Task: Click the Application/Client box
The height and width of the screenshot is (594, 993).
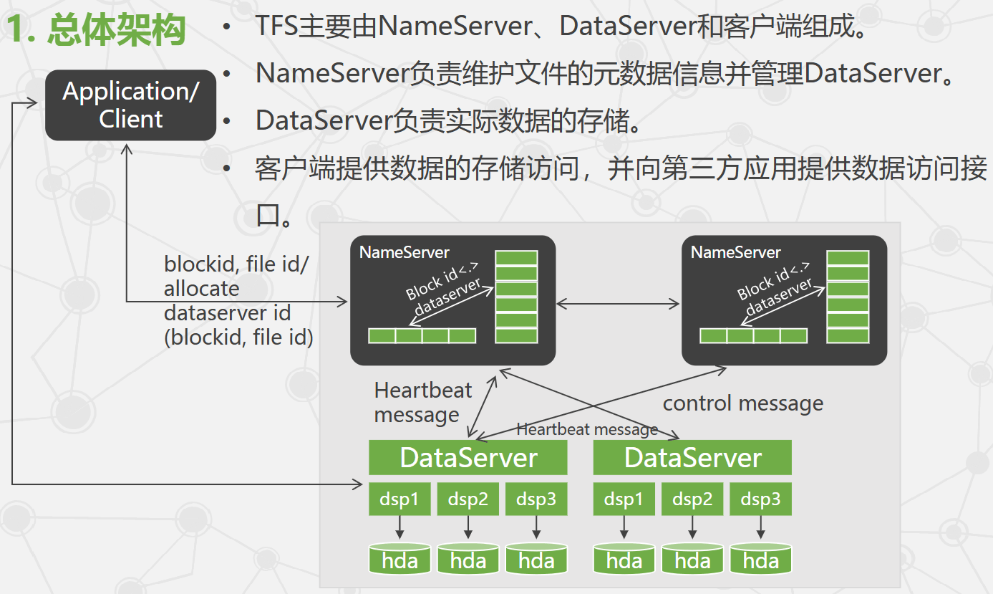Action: point(130,105)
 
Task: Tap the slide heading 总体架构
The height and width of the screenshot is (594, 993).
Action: point(116,30)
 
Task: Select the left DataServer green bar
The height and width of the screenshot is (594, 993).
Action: point(468,457)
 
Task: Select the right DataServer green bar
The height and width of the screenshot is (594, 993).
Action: point(692,457)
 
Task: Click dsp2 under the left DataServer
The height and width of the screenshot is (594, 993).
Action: point(468,499)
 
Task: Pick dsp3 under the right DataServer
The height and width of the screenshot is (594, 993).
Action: point(760,499)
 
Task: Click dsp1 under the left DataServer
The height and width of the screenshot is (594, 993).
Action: point(399,499)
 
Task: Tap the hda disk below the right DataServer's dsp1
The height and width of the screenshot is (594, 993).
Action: point(624,559)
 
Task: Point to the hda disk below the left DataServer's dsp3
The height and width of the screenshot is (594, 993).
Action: point(536,559)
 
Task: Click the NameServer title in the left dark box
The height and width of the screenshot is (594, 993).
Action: point(405,252)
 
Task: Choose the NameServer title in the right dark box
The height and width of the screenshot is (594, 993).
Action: point(736,252)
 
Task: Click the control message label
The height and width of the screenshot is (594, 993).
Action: point(742,403)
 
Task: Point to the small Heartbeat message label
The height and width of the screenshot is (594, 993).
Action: point(587,429)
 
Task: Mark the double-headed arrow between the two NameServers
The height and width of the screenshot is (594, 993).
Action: point(618,304)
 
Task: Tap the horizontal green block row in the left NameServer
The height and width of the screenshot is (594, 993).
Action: point(422,335)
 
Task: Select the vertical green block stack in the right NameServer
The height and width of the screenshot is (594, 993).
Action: point(848,297)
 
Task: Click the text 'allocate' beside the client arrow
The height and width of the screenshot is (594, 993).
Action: point(201,289)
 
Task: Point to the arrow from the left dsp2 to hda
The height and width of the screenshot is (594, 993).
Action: point(468,528)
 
